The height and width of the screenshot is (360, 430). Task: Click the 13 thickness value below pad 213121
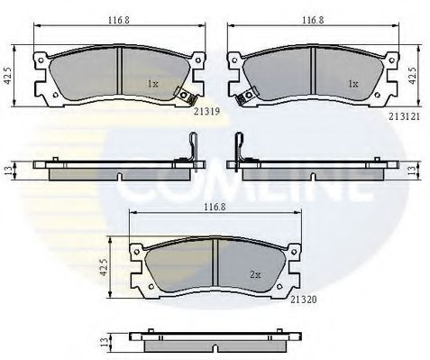(414, 168)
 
